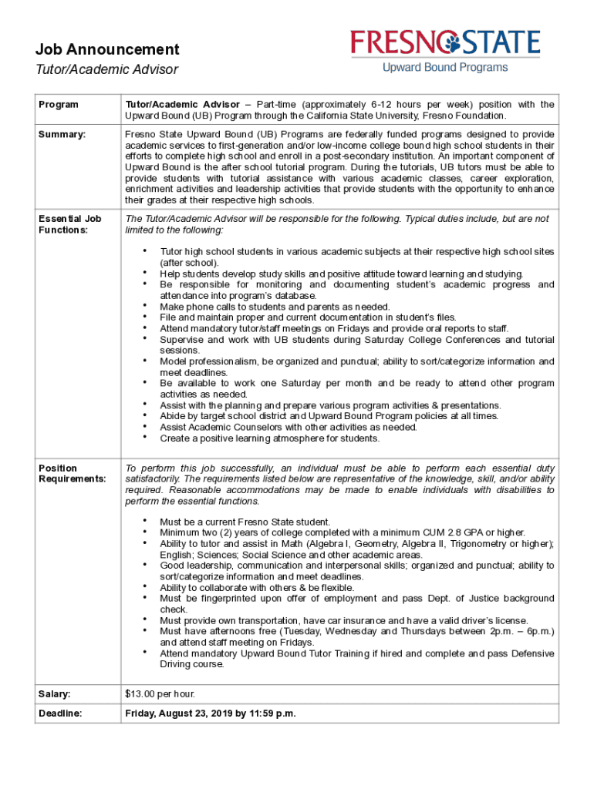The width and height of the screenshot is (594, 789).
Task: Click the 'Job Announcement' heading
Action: point(107,50)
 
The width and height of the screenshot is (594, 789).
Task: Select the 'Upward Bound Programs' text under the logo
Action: point(445,68)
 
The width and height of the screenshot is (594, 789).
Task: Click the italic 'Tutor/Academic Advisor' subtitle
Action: point(106,70)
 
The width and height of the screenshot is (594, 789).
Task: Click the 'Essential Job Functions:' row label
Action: point(70,224)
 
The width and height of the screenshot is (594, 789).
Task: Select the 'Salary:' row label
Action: point(55,694)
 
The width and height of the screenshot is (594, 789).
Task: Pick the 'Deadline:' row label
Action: point(60,713)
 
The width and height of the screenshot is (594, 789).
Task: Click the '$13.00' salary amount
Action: point(140,694)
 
